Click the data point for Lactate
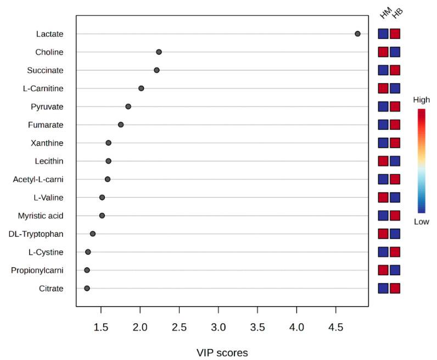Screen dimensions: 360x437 (357, 34)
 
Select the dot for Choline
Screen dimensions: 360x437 (159, 52)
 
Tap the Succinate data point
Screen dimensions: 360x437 (156, 70)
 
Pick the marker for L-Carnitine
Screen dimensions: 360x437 (141, 88)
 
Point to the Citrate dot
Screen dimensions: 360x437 (87, 288)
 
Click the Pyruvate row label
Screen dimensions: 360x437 (48, 107)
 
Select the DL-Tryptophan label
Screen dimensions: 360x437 (36, 234)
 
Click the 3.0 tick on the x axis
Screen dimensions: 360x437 (218, 329)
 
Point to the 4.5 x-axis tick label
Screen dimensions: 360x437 (335, 329)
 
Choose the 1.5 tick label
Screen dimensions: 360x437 (101, 329)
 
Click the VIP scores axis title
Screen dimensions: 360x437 (222, 352)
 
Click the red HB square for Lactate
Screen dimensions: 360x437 (395, 34)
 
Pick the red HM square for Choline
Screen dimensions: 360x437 (383, 52)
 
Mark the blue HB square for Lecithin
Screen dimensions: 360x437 (395, 161)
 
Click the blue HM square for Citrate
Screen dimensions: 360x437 (383, 288)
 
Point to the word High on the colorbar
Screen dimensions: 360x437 (422, 101)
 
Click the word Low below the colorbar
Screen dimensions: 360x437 (422, 221)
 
